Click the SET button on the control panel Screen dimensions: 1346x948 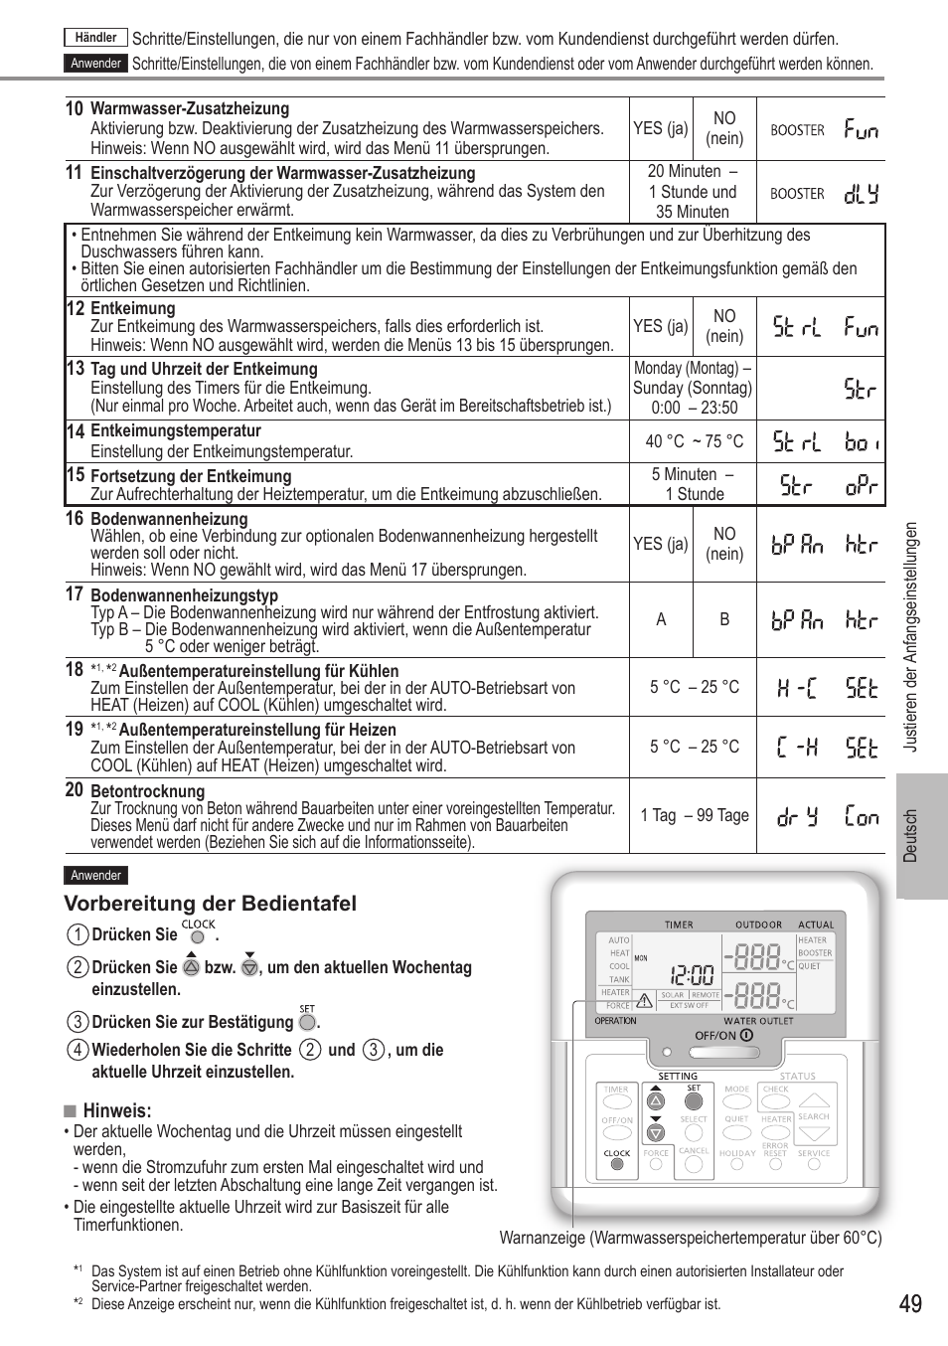pyautogui.click(x=694, y=1100)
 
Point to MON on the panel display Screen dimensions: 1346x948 pyautogui.click(x=641, y=958)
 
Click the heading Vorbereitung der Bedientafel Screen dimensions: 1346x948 pyautogui.click(x=210, y=904)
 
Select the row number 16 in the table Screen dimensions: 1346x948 pyautogui.click(x=75, y=518)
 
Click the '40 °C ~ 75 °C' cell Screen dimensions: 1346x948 pyautogui.click(x=694, y=441)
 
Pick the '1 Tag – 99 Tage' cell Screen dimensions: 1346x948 pyautogui.click(x=694, y=815)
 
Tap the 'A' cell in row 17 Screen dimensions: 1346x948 pyautogui.click(x=661, y=619)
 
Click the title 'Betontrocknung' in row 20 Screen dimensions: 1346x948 pyautogui.click(x=147, y=791)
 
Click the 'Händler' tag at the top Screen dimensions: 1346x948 pyautogui.click(x=96, y=38)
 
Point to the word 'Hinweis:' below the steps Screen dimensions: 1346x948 pyautogui.click(x=116, y=1110)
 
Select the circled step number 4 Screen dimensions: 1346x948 pyautogui.click(x=78, y=1050)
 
